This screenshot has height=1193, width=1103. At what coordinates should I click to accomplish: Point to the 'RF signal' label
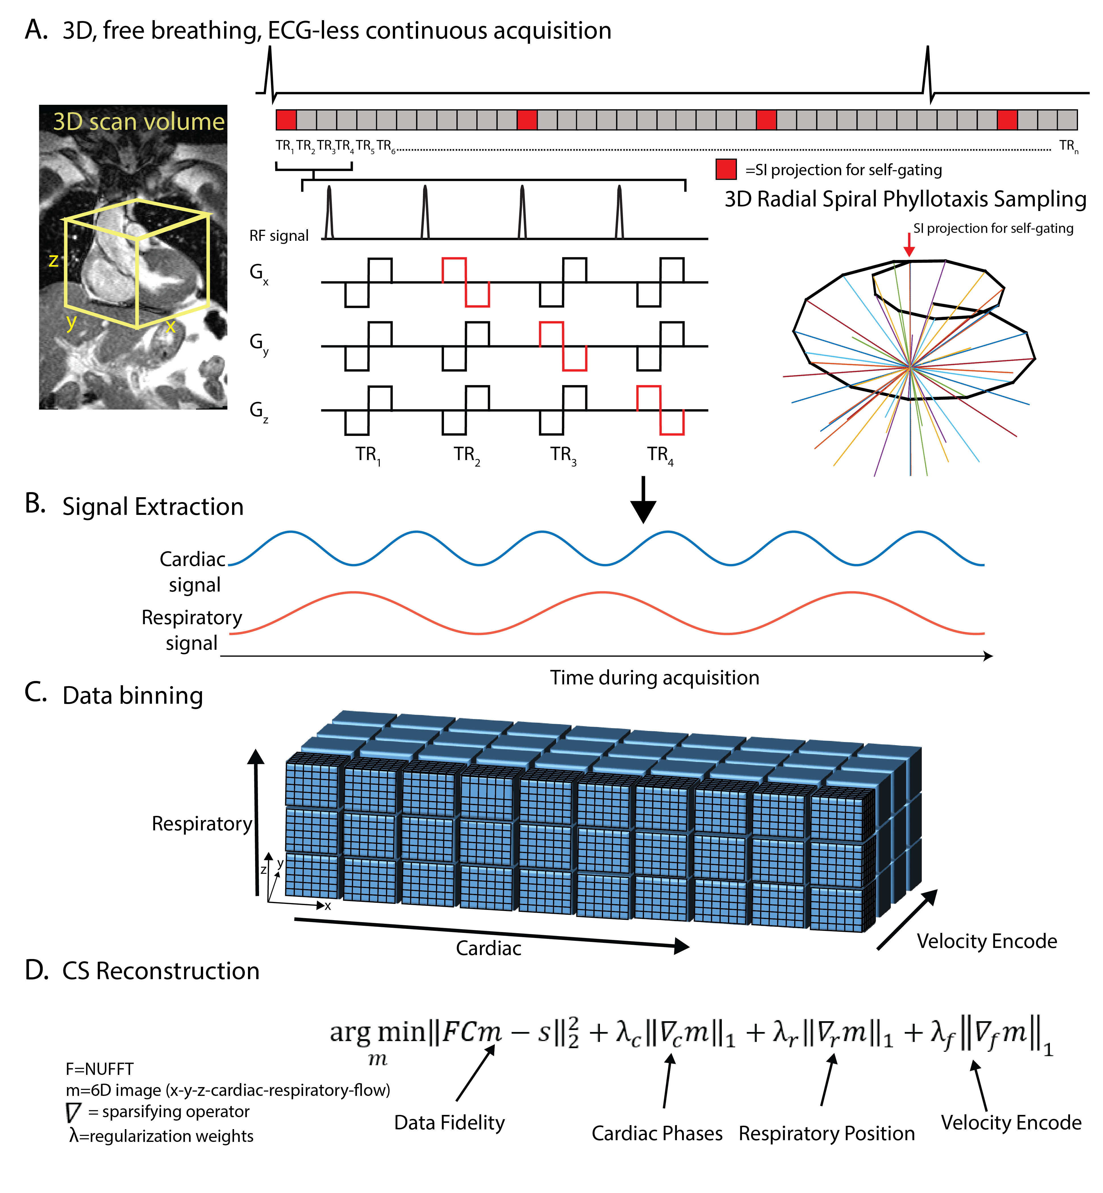click(x=279, y=236)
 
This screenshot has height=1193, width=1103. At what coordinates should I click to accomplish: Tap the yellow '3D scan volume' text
click(x=138, y=122)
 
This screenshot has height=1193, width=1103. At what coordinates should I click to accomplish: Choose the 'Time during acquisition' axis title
click(x=654, y=678)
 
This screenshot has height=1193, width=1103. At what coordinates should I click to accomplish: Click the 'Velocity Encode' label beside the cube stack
click(x=987, y=941)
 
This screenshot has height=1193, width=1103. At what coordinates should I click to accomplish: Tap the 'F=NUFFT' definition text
click(x=100, y=1069)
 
